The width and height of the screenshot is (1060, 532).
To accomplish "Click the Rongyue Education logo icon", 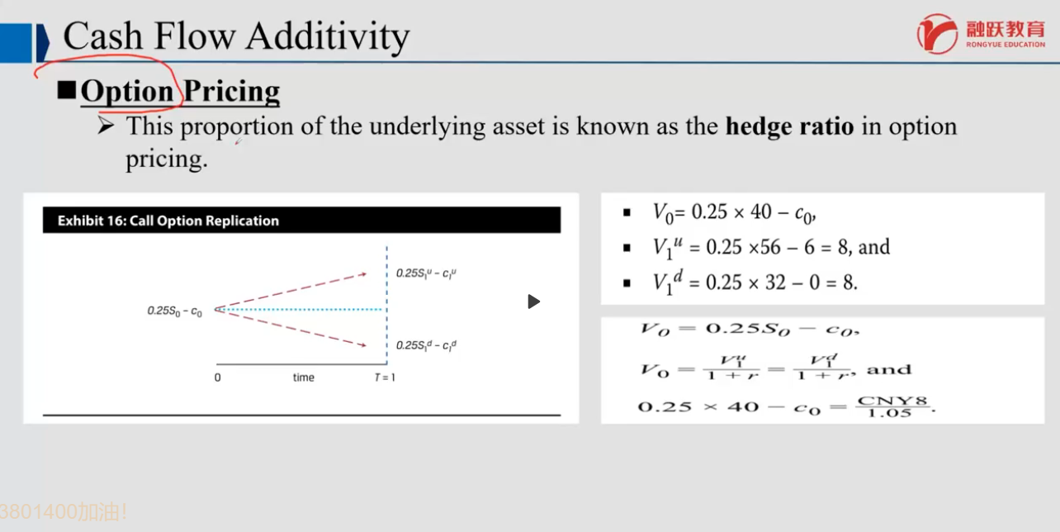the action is [937, 34].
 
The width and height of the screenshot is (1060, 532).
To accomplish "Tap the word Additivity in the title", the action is [328, 37].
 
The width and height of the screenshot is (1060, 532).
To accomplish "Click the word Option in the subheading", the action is [127, 91].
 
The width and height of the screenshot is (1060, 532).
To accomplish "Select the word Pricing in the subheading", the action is [231, 91].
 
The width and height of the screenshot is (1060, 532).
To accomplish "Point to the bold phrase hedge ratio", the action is [790, 127].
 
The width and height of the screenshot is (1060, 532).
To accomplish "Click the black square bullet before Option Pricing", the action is [67, 89].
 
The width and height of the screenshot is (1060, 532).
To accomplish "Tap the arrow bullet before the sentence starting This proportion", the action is [106, 126].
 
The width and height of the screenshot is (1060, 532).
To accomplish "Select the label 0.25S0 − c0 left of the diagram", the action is [175, 311].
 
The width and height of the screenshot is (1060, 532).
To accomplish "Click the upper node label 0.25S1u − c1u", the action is [426, 273].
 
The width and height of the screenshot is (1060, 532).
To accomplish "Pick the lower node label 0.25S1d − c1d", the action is [426, 345].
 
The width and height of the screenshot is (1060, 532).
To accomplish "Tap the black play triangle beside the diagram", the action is [534, 302].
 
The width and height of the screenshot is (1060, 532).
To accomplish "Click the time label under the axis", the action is [303, 378].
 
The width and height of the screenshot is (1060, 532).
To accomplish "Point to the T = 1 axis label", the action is [385, 378].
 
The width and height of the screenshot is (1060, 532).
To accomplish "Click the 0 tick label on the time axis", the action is [217, 378].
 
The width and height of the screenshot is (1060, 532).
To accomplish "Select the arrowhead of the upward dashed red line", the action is [363, 273].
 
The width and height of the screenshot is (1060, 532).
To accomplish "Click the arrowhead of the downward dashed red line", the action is [363, 345].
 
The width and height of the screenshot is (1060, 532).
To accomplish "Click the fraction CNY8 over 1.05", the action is [892, 406].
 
